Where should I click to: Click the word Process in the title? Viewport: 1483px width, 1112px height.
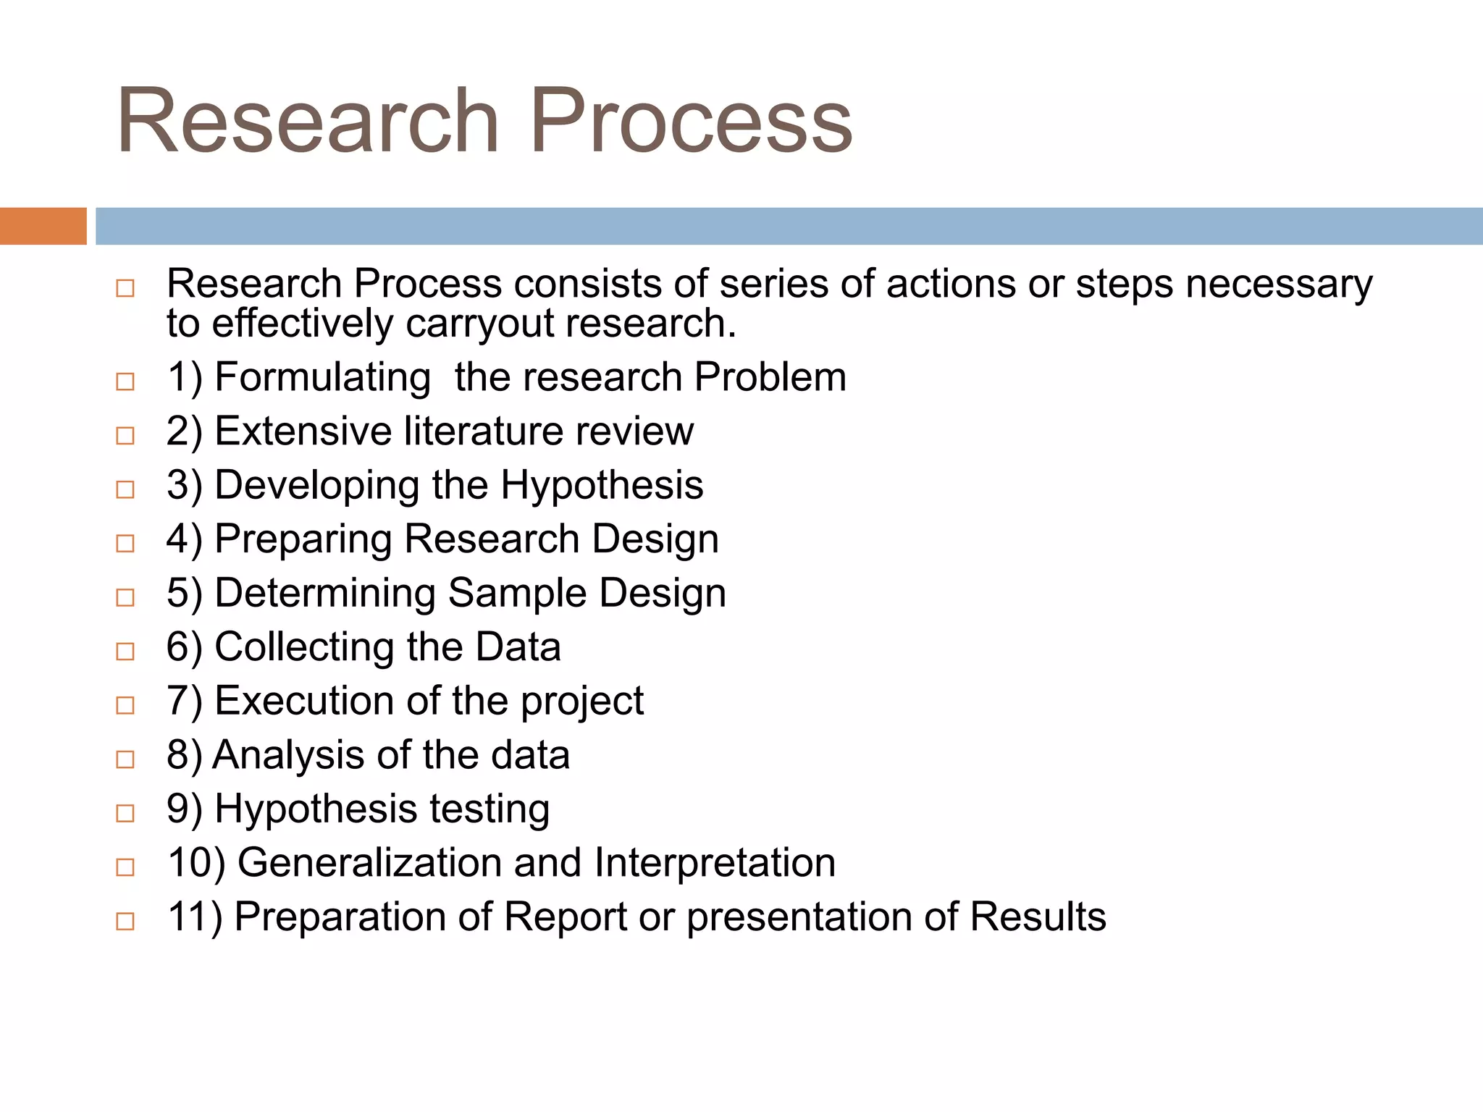(692, 121)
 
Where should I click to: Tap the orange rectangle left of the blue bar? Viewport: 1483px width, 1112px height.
(43, 226)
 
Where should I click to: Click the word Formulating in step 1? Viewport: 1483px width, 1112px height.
(323, 377)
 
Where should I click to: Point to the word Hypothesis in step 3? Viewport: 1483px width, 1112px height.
(602, 485)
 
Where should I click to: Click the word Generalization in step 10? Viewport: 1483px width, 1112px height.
(369, 863)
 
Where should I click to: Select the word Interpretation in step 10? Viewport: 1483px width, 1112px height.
(715, 863)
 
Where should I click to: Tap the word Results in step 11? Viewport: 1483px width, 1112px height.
(1038, 917)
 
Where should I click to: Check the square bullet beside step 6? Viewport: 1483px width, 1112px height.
(125, 651)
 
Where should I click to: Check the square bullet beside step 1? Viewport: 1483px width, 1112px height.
(125, 381)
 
